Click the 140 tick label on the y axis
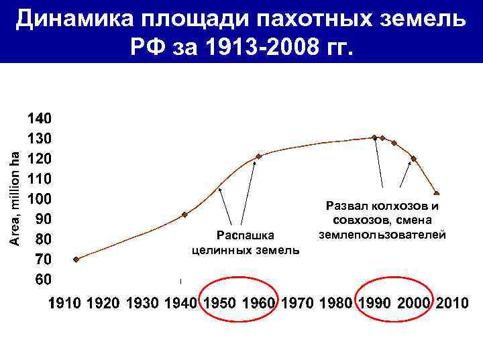[x=38, y=119]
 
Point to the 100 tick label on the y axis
[x=38, y=199]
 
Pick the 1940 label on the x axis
[x=181, y=304]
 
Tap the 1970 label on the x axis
[x=297, y=304]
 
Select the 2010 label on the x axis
[x=452, y=304]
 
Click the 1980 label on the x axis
[x=336, y=304]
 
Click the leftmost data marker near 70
[x=76, y=259]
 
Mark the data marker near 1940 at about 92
[x=184, y=215]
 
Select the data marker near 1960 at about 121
[x=259, y=156]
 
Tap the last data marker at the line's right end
[x=437, y=194]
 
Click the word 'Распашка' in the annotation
[x=246, y=235]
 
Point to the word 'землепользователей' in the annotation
[x=382, y=235]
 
